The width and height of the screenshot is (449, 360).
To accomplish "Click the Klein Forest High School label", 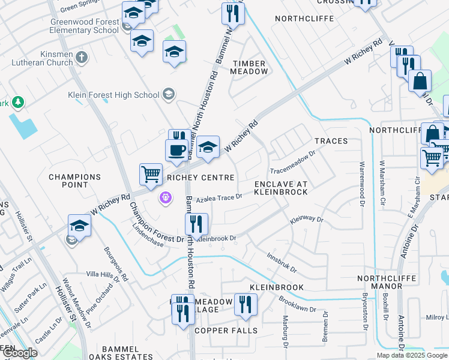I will (x=122, y=95).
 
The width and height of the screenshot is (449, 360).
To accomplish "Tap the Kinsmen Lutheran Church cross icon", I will (x=82, y=58).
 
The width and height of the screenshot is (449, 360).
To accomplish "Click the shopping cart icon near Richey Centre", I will (x=151, y=173).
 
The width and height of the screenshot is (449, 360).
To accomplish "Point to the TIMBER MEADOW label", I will (x=250, y=67).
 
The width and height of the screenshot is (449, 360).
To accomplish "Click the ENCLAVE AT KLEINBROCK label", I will (x=280, y=187).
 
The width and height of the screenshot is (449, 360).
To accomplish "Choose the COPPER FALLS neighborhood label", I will (x=226, y=331).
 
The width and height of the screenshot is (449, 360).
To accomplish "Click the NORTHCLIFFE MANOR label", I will (x=391, y=283).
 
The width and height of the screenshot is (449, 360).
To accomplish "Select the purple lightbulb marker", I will (x=166, y=197).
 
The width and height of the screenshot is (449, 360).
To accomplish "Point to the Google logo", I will (x=20, y=353).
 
